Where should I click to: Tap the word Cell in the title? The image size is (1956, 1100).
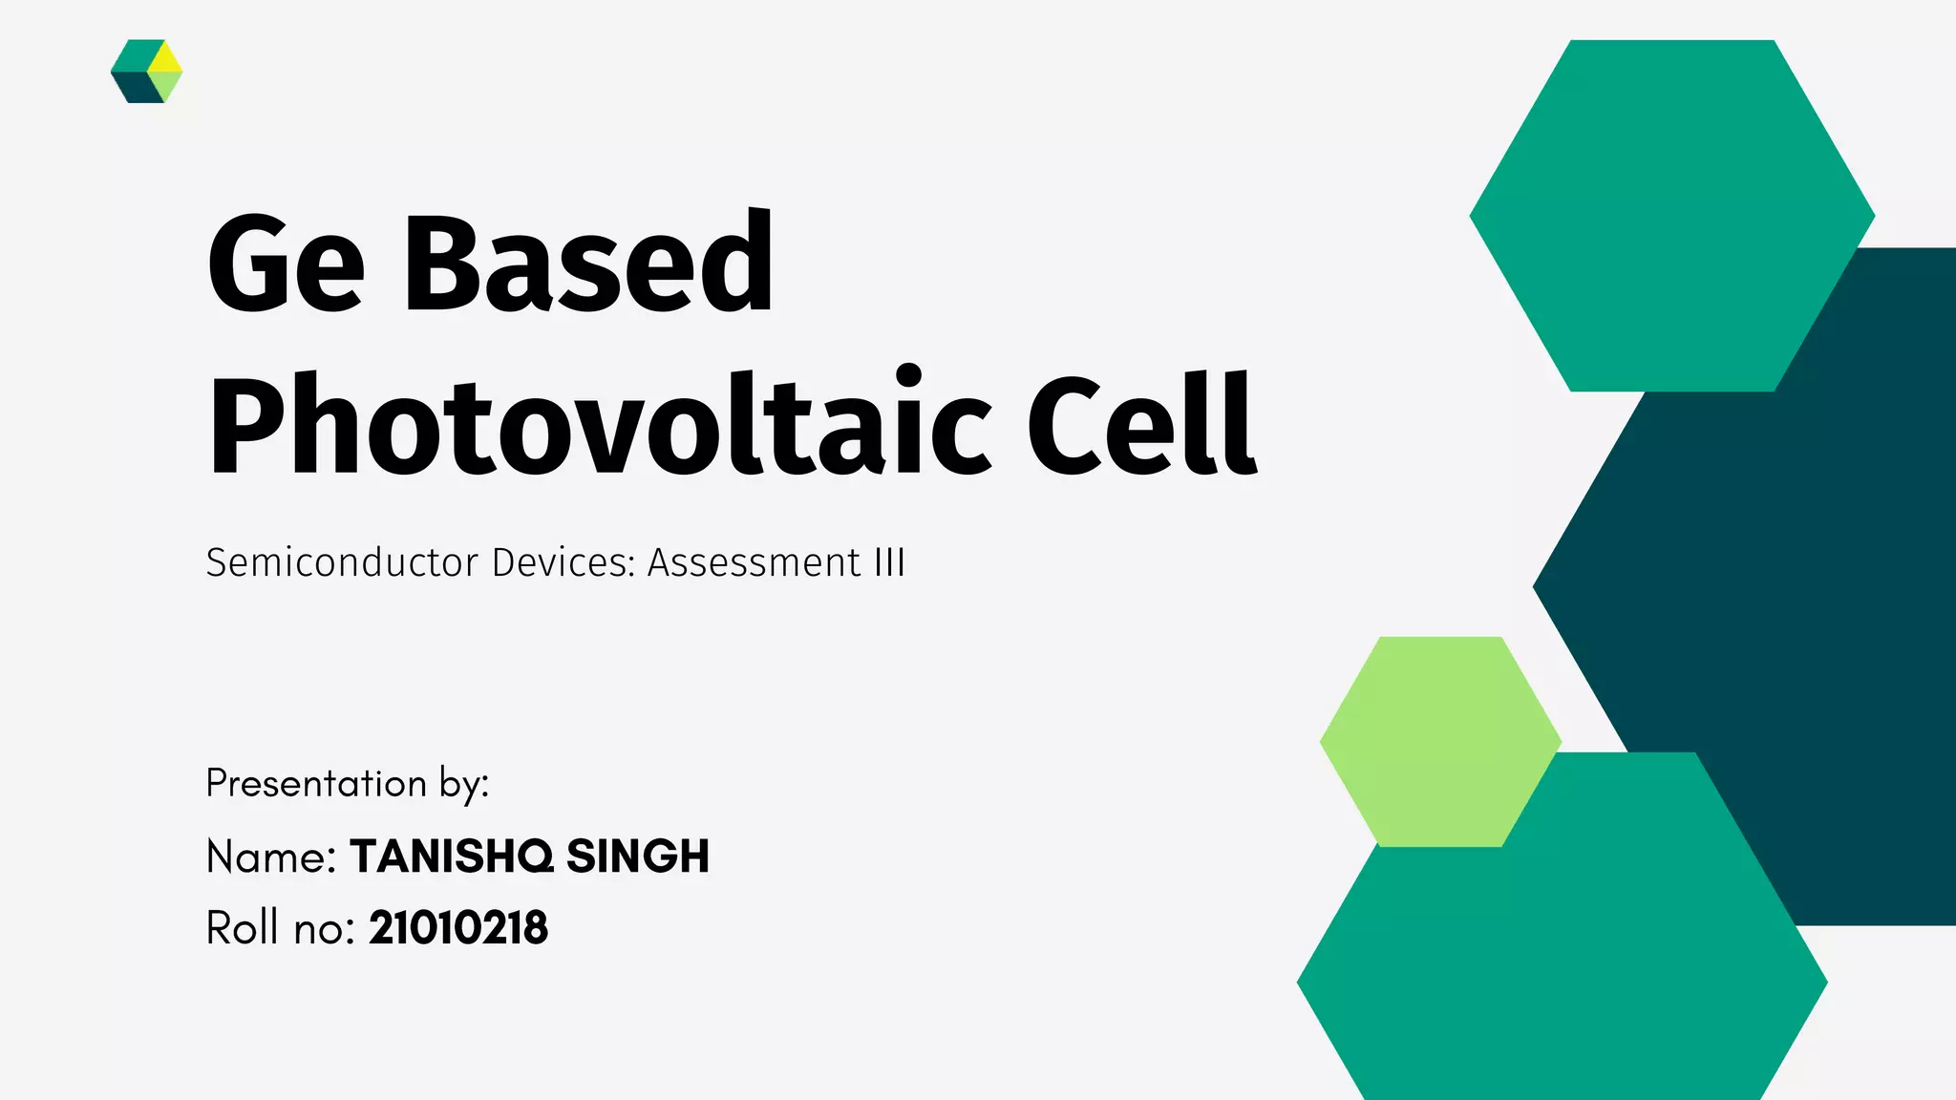1140,425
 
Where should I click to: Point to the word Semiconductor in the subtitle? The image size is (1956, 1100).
342,562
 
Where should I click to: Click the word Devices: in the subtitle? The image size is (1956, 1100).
563,562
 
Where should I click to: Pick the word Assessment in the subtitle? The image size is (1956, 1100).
755,562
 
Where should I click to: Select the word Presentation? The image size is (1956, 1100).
316,784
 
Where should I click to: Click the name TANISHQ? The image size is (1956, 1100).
452,857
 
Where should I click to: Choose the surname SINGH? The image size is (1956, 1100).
638,857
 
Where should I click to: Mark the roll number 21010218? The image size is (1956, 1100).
458,928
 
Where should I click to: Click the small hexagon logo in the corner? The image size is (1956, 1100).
146,72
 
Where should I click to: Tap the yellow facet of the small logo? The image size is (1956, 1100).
166,57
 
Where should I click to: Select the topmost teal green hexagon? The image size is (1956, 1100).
1671,215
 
